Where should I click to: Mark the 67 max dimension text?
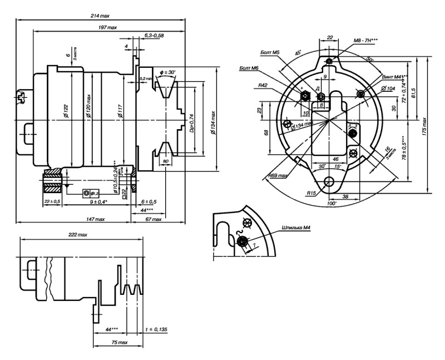point(153,219)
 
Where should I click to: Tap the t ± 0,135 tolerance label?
point(157,329)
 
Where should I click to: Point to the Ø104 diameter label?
point(388,88)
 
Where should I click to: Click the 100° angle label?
point(333,204)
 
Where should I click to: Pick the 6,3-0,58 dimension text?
point(154,35)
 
